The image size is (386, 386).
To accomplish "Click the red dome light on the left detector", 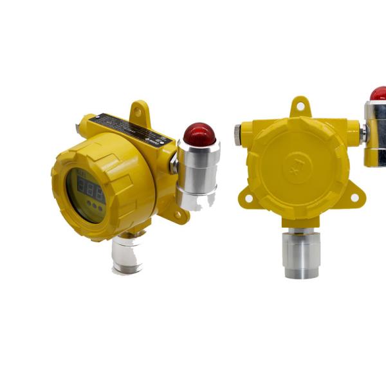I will [x=199, y=133].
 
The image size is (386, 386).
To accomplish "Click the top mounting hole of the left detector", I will [x=137, y=113].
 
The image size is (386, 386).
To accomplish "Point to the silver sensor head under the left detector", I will [x=127, y=254].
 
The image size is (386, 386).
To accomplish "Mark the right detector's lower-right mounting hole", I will [x=354, y=198].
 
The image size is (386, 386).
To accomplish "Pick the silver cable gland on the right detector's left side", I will [x=237, y=134].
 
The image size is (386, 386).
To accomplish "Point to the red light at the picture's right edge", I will [x=378, y=94].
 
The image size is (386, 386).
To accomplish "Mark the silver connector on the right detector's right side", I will [x=362, y=134].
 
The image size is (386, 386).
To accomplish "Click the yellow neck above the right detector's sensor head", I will [x=300, y=228].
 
